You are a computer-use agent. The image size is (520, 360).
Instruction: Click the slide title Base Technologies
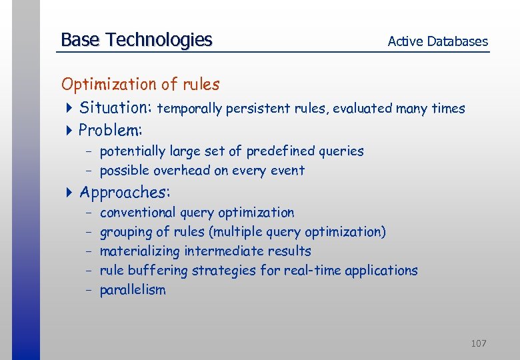[x=136, y=40]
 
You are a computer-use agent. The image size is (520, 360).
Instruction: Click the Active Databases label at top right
[x=437, y=41]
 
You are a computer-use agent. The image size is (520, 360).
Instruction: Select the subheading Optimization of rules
[x=140, y=84]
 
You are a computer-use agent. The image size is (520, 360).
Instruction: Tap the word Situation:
[x=116, y=107]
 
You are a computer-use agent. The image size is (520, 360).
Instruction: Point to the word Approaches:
[x=125, y=193]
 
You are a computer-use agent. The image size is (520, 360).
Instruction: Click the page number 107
[x=478, y=343]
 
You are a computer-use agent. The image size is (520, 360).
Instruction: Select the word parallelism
[x=133, y=290]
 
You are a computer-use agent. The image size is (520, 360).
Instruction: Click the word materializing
[x=139, y=251]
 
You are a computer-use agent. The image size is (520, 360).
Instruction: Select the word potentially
[x=134, y=151]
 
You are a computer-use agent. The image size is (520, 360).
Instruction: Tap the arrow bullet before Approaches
[x=69, y=193]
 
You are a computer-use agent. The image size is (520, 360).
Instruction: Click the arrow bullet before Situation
[x=69, y=108]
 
